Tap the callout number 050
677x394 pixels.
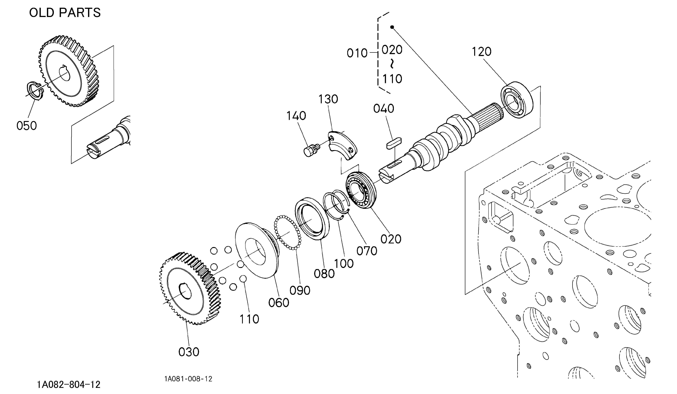coord(27,126)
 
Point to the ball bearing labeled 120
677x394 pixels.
coord(517,100)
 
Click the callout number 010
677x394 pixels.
coord(357,53)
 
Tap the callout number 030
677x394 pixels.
coord(189,352)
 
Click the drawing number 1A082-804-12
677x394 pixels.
coord(69,385)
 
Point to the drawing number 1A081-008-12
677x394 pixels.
coord(188,379)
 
